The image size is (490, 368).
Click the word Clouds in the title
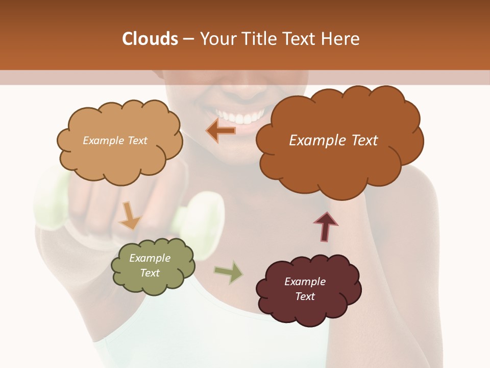(x=150, y=39)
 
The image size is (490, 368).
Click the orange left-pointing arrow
(x=222, y=130)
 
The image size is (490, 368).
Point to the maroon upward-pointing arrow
(x=325, y=226)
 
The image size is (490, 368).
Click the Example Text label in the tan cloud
(x=115, y=141)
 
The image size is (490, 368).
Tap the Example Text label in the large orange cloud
(x=333, y=141)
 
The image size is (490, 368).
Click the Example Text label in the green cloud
(x=150, y=265)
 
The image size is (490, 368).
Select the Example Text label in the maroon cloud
(x=305, y=289)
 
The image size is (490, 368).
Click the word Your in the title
(x=215, y=39)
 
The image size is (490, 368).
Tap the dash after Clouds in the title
(x=187, y=39)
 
